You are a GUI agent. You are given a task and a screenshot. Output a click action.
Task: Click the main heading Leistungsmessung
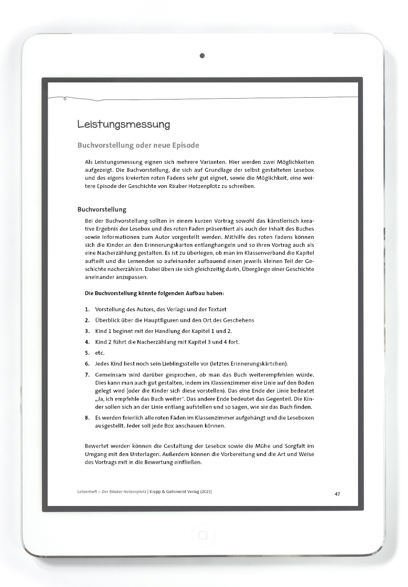[124, 125]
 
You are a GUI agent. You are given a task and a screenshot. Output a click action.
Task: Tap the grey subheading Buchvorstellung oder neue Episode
[138, 145]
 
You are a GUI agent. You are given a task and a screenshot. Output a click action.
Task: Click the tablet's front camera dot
[202, 56]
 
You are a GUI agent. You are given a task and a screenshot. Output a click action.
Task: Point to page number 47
[337, 494]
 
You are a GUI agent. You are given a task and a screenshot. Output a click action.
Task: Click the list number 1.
[87, 309]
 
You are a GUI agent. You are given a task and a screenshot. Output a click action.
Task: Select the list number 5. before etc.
[87, 353]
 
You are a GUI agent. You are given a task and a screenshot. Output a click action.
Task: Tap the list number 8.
[87, 418]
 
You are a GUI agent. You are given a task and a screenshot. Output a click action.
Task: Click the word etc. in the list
[99, 353]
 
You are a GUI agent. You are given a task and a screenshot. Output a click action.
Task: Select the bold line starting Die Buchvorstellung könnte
[155, 293]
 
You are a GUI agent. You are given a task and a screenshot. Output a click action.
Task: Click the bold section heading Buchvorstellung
[102, 210]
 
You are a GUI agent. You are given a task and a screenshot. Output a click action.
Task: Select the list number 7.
[87, 375]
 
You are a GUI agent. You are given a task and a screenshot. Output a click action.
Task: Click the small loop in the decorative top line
[65, 99]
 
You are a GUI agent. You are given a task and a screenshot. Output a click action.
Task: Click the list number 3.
[87, 331]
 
